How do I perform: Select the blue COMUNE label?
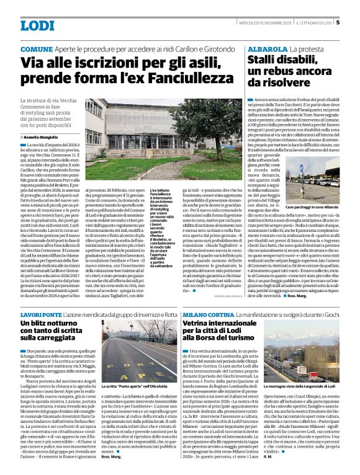(x=36, y=48)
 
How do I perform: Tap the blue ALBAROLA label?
(x=265, y=48)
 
